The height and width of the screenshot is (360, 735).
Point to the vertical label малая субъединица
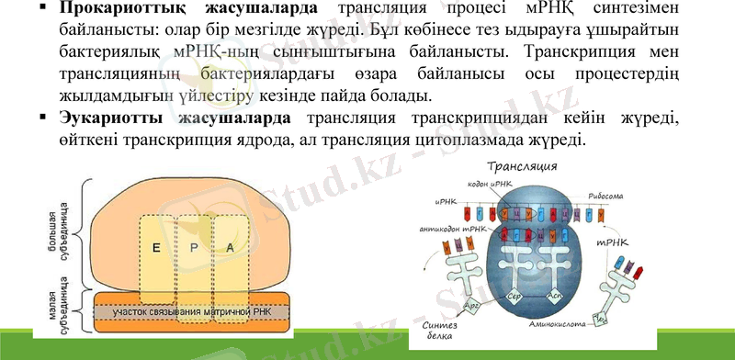(60, 309)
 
